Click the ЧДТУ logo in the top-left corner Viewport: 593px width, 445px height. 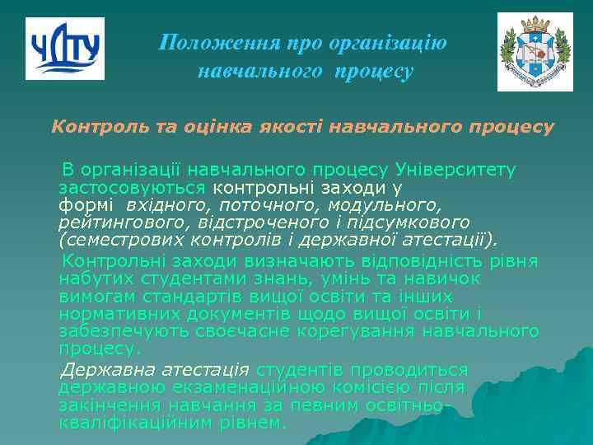[65, 49]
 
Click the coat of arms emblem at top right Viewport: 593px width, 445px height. [535, 52]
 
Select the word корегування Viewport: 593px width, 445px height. [368, 331]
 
